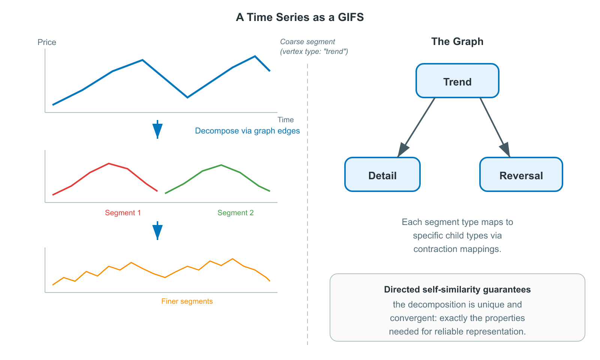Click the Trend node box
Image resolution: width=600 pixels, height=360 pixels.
click(457, 81)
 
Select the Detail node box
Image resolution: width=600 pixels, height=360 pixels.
click(382, 175)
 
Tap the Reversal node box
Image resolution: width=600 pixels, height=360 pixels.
click(521, 175)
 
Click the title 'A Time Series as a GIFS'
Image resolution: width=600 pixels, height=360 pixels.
click(300, 17)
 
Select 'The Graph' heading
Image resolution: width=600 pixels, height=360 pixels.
click(457, 41)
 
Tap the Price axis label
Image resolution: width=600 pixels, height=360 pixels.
click(46, 42)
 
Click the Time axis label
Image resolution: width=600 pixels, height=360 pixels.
click(285, 120)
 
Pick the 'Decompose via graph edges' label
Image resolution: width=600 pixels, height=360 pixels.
click(247, 131)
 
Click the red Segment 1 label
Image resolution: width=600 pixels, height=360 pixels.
click(123, 213)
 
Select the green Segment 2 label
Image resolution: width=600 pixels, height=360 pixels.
click(235, 213)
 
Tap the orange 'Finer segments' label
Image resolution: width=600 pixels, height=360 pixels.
click(187, 301)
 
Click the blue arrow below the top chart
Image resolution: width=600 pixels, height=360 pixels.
click(157, 130)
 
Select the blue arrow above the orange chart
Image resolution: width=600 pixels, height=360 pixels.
click(157, 231)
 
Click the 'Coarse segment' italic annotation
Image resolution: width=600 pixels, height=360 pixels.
click(307, 42)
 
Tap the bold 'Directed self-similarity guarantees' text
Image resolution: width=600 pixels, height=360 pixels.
click(457, 289)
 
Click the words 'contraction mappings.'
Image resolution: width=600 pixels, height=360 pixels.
click(457, 249)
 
